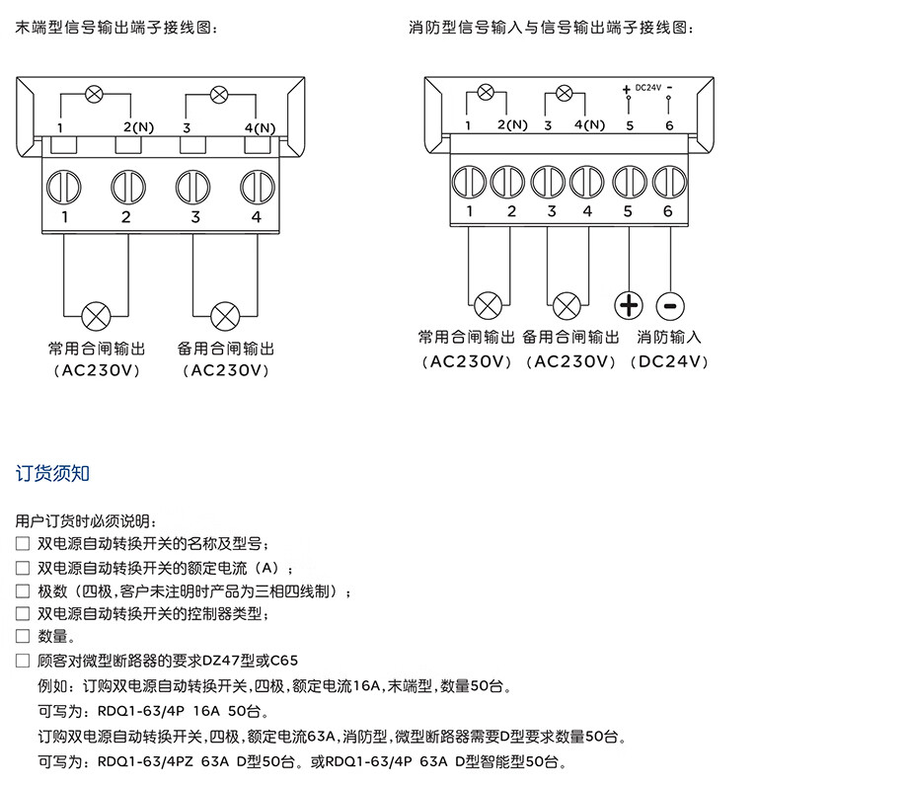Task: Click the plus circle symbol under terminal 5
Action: pos(629,305)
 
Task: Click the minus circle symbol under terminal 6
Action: pos(668,305)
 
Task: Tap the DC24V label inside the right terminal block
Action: pos(647,88)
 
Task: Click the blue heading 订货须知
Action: pos(53,473)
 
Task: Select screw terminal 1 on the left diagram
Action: pos(65,186)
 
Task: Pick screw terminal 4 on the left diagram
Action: pos(257,186)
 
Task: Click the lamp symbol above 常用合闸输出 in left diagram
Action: pos(96,316)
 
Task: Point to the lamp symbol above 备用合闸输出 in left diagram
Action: pos(225,316)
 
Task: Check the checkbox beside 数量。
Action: pos(23,637)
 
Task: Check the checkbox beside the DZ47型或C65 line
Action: pos(23,661)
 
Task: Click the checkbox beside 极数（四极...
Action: pos(23,590)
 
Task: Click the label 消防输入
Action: pos(669,337)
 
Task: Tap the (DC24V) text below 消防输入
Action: pos(669,362)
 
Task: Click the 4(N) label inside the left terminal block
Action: pos(260,128)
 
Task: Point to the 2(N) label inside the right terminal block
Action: pos(514,125)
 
